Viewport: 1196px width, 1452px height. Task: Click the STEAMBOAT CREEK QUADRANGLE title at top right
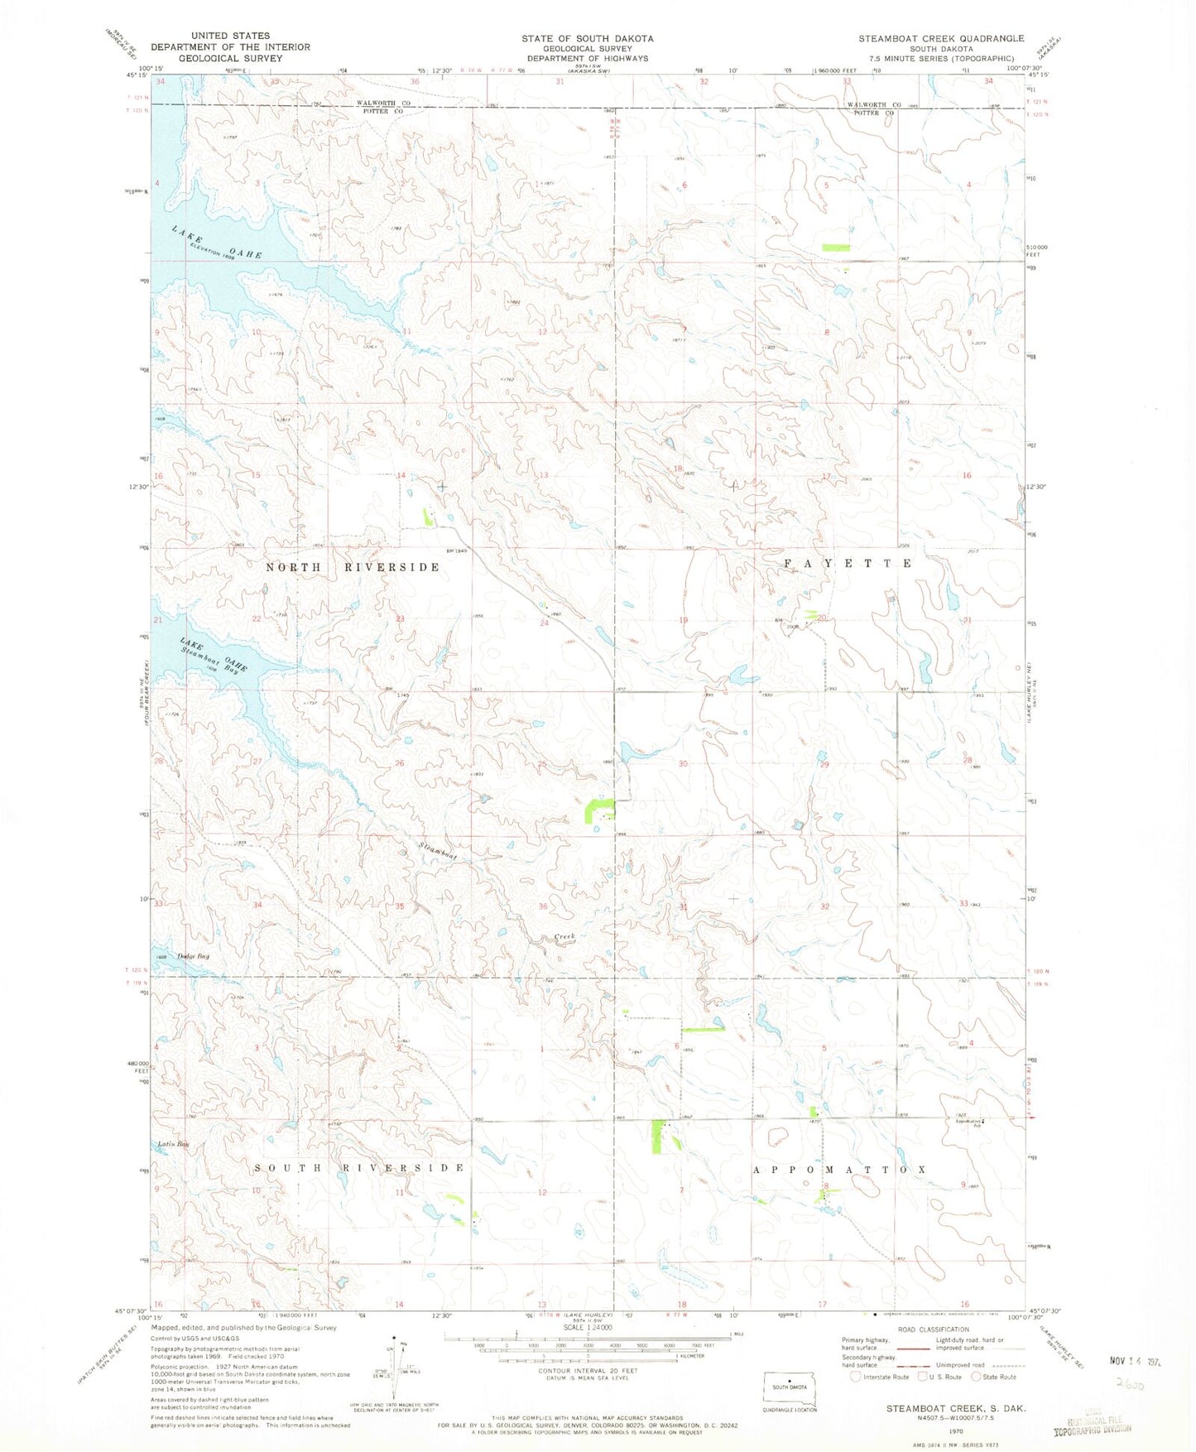[x=941, y=38]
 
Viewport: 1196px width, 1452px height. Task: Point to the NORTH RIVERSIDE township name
[x=353, y=567]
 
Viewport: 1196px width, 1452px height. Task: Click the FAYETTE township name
[x=848, y=563]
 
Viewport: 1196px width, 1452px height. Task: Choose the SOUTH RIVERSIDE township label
[x=359, y=1167]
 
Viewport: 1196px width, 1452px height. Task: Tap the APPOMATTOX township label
[x=839, y=1170]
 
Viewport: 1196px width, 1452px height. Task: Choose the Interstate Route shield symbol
[x=857, y=1377]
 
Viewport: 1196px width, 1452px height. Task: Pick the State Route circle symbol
[x=976, y=1377]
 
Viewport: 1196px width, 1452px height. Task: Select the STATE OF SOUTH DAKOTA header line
[x=587, y=38]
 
